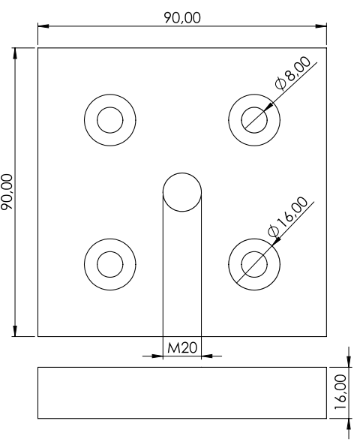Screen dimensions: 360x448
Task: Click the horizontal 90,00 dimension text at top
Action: pos(182,18)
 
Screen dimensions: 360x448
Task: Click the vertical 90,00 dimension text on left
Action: pos(7,192)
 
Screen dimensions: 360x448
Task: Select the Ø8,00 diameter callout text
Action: pos(292,74)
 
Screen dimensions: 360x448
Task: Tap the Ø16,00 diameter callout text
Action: pos(288,217)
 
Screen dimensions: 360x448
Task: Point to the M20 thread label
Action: pos(182,347)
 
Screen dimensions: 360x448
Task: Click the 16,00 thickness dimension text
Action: pos(340,392)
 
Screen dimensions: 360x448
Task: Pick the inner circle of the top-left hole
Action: pos(110,107)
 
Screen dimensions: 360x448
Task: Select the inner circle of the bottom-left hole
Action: pos(110,251)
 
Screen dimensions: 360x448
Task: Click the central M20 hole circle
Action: pos(182,173)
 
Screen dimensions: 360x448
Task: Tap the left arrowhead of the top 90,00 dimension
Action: pos(43,26)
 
